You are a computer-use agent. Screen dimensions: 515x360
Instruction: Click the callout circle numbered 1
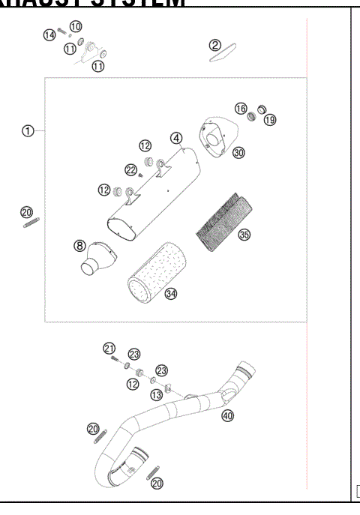tap(28, 130)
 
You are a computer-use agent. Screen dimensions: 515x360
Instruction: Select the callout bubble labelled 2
tap(215, 46)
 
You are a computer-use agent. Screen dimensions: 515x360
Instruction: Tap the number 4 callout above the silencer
tap(175, 138)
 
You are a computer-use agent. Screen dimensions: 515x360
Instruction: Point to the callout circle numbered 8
tap(79, 245)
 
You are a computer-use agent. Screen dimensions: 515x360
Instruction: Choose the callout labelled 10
tap(76, 26)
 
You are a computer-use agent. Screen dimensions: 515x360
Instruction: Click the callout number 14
tap(49, 34)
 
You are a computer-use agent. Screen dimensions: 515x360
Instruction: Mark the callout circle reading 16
tap(241, 109)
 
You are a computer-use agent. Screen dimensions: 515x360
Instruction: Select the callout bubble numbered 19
tap(269, 119)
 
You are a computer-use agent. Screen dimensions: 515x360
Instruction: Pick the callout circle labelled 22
tap(131, 169)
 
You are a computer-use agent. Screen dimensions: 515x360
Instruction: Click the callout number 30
tap(238, 152)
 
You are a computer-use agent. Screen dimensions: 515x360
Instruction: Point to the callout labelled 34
tap(171, 293)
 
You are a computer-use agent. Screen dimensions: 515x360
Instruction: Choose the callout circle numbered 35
tap(244, 235)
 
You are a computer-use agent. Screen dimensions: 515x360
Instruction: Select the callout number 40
tap(227, 415)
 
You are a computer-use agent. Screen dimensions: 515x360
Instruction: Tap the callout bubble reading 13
tap(156, 395)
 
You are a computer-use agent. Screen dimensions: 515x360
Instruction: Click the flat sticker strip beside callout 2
tap(222, 56)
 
